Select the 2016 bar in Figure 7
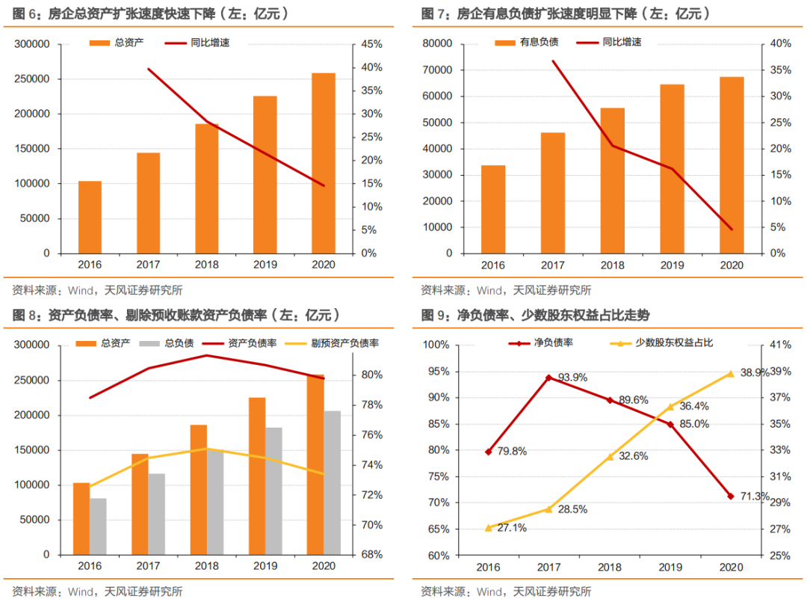[x=493, y=209]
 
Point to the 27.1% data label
[x=511, y=528]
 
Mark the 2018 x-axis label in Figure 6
[x=207, y=265]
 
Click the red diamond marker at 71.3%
[x=730, y=496]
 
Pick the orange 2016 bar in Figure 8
[x=81, y=518]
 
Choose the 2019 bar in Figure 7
[x=672, y=168]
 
